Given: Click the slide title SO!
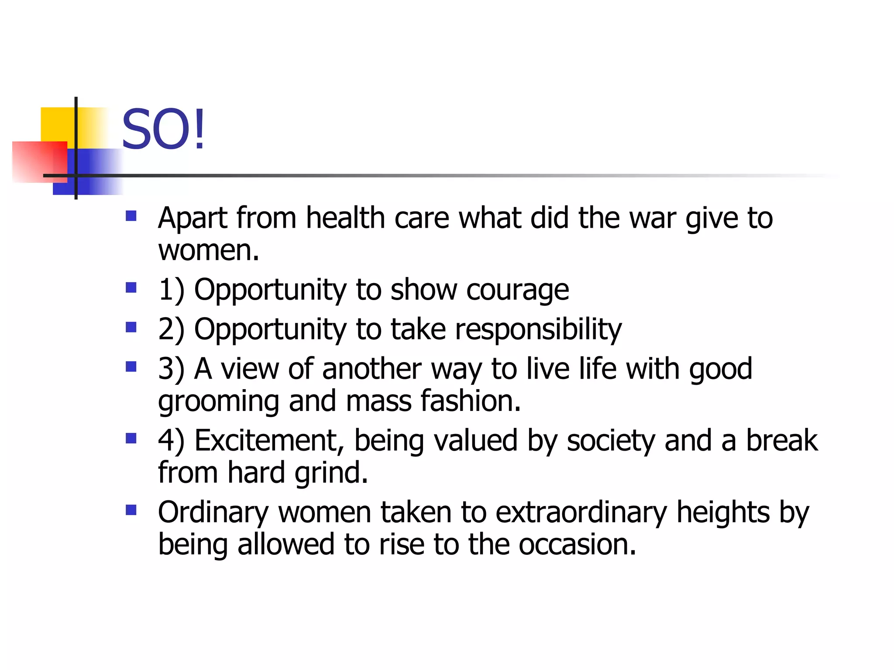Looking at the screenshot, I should (x=163, y=130).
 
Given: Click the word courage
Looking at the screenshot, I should (x=517, y=291).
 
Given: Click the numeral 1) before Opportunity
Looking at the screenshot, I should (x=171, y=290).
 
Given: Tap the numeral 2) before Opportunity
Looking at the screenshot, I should (x=171, y=329).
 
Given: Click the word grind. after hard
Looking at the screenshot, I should (x=331, y=474).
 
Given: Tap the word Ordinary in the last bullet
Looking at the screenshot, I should (x=213, y=513).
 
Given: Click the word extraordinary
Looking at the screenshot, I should (x=581, y=513).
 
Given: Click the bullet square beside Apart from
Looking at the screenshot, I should (x=131, y=216).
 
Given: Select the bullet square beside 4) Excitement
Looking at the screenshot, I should (x=131, y=438).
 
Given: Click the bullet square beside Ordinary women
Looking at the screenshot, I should (x=131, y=510).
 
